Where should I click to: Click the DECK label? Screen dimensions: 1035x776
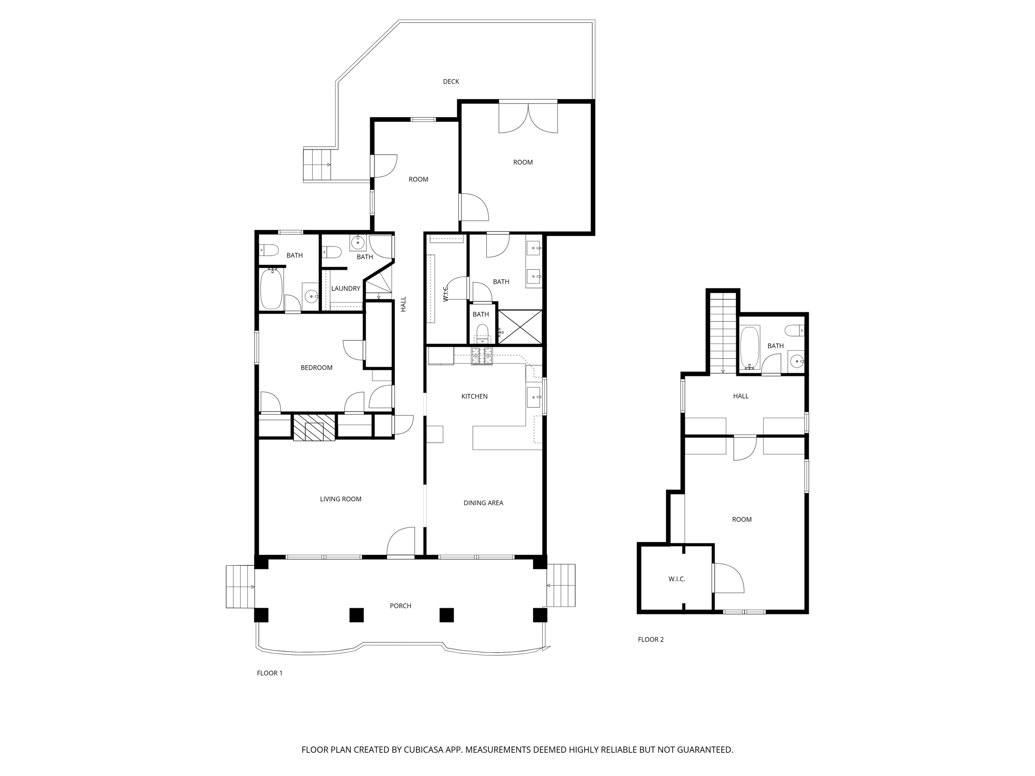pyautogui.click(x=451, y=81)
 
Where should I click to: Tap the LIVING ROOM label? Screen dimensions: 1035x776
pyautogui.click(x=341, y=499)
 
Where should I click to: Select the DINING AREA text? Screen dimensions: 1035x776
pyautogui.click(x=483, y=503)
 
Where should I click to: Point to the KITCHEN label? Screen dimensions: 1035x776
pyautogui.click(x=475, y=397)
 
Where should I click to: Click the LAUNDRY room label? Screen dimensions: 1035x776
pyautogui.click(x=346, y=288)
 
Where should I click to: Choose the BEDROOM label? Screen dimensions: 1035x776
pyautogui.click(x=316, y=368)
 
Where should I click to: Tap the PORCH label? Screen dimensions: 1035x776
pyautogui.click(x=401, y=606)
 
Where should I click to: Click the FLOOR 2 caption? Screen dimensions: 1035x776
pyautogui.click(x=651, y=640)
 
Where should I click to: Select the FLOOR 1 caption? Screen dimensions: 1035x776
pyautogui.click(x=270, y=673)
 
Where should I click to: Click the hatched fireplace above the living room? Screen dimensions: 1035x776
pyautogui.click(x=314, y=427)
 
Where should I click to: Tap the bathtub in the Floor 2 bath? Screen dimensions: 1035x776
pyautogui.click(x=750, y=348)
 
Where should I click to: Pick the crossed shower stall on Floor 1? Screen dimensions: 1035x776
pyautogui.click(x=520, y=326)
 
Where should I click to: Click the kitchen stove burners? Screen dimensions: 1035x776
pyautogui.click(x=482, y=356)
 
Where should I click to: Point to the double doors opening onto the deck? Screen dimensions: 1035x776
pyautogui.click(x=528, y=118)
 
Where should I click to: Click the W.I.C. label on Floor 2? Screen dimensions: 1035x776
pyautogui.click(x=677, y=579)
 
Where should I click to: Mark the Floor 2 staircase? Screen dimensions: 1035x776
pyautogui.click(x=723, y=334)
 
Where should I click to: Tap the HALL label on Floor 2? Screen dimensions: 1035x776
pyautogui.click(x=741, y=396)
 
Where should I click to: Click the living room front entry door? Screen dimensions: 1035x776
pyautogui.click(x=401, y=542)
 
